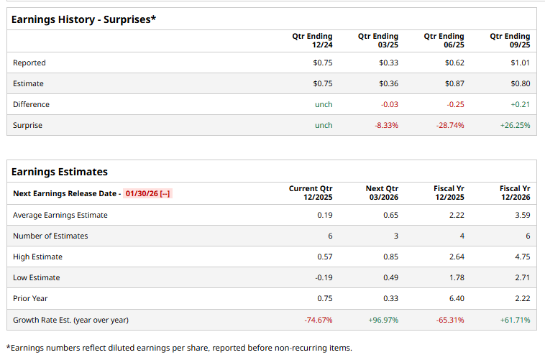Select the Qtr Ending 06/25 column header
tap(444, 40)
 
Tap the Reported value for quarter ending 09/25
tap(520, 63)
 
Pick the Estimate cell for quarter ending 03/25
tap(388, 83)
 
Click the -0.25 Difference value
tap(455, 104)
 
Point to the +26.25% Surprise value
tap(515, 125)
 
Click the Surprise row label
tap(27, 125)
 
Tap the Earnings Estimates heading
tap(60, 172)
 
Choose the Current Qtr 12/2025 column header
tap(311, 193)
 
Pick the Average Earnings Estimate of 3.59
tap(521, 215)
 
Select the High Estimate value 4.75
tap(521, 257)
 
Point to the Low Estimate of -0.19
tap(323, 277)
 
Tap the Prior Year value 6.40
tap(455, 298)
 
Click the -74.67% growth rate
tap(318, 319)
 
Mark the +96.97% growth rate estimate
tap(383, 319)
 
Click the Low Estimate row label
tap(37, 277)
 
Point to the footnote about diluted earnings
tap(179, 348)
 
